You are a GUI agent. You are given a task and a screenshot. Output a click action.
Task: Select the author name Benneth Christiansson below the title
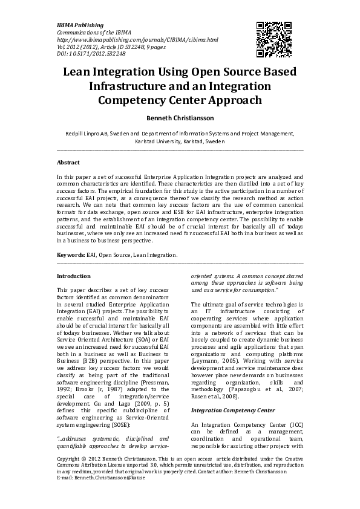click(x=180, y=120)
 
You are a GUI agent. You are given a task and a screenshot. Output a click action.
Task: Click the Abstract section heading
click(x=68, y=162)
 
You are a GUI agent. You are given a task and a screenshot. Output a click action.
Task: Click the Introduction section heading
click(x=73, y=276)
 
